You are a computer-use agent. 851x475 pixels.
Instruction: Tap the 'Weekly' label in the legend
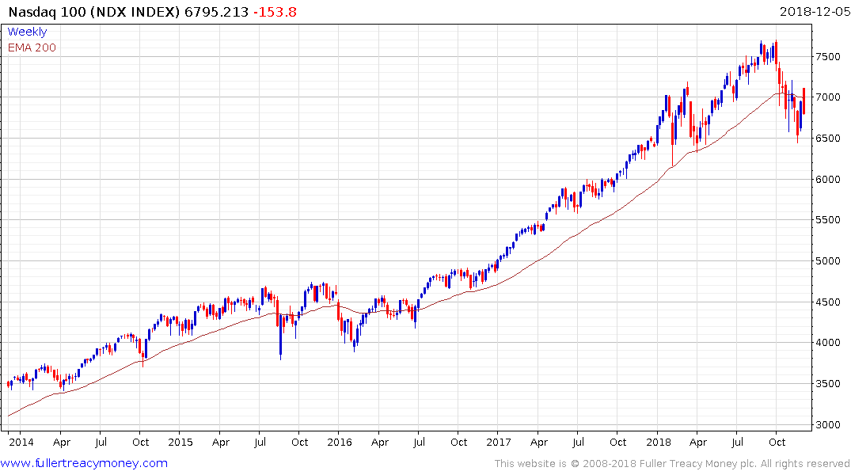[27, 32]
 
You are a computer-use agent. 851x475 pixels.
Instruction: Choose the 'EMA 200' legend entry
[32, 47]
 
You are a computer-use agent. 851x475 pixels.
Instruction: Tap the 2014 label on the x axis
[21, 443]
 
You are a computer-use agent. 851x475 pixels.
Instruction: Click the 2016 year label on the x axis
[339, 443]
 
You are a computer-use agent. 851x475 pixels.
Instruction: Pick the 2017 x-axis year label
[498, 443]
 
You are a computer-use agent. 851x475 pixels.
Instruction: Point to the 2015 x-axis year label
[180, 443]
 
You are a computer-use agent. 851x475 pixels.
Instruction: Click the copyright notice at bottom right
[672, 463]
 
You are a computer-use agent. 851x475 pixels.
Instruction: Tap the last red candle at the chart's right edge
[804, 101]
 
